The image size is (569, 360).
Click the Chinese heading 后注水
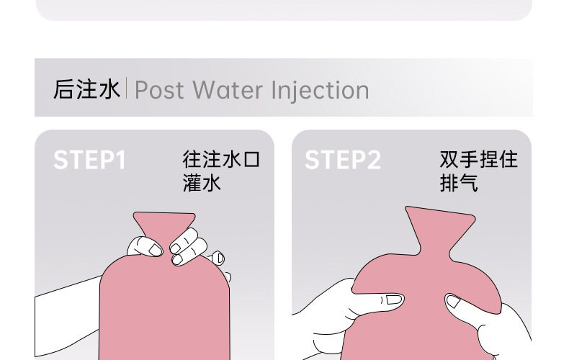click(86, 90)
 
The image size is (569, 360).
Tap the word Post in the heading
click(159, 91)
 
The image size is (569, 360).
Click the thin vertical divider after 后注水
click(127, 89)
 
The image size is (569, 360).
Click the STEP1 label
click(89, 160)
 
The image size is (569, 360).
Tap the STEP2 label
click(343, 160)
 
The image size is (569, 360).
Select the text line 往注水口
click(221, 159)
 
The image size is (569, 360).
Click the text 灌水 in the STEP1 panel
click(202, 183)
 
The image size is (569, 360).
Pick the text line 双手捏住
click(479, 159)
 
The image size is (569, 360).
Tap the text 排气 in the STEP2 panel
click(459, 183)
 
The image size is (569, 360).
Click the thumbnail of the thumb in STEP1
click(155, 249)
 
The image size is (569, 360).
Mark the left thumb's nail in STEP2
click(393, 299)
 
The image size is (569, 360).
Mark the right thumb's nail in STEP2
click(454, 302)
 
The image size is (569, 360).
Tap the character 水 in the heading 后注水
click(109, 90)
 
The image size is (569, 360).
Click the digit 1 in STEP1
click(119, 160)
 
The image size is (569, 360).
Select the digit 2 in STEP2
click(373, 160)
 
